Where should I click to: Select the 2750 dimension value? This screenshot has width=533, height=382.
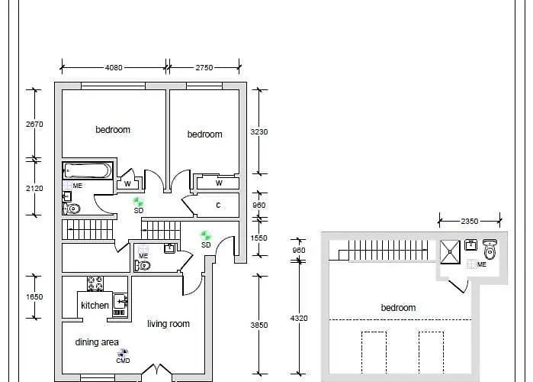[x=204, y=67]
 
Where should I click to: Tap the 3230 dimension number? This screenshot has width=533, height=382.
[x=259, y=131]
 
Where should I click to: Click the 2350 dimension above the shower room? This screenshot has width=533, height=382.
[x=469, y=221]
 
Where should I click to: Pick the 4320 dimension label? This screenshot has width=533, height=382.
[x=298, y=317]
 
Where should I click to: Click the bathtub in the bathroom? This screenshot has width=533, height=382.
[x=88, y=170]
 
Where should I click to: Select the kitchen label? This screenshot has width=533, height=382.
[x=95, y=306]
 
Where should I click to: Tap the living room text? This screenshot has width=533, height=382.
[x=169, y=324]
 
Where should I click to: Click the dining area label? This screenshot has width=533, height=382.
[x=97, y=342]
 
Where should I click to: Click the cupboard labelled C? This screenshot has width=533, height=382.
[x=218, y=205]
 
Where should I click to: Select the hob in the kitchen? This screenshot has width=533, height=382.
[x=95, y=283]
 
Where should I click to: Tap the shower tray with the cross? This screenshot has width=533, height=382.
[x=449, y=250]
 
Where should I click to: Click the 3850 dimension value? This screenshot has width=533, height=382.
[x=259, y=325]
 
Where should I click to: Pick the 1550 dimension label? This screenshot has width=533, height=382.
[x=259, y=238]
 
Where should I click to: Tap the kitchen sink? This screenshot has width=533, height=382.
[x=120, y=303]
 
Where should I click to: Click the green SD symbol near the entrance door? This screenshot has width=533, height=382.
[x=205, y=236]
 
